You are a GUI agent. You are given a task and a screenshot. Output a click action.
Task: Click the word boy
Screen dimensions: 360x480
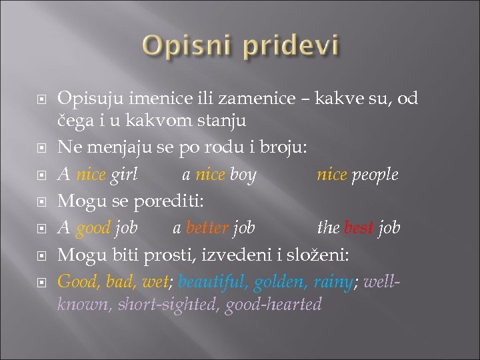pyautogui.click(x=243, y=175)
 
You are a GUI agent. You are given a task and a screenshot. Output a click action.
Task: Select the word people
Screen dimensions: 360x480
pyautogui.click(x=375, y=175)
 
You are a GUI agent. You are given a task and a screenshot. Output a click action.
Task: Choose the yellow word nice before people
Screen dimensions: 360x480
pyautogui.click(x=332, y=175)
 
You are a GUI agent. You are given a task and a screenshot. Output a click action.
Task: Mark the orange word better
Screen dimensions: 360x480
pyautogui.click(x=207, y=228)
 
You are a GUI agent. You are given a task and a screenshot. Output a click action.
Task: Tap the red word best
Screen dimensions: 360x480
pyautogui.click(x=359, y=228)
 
